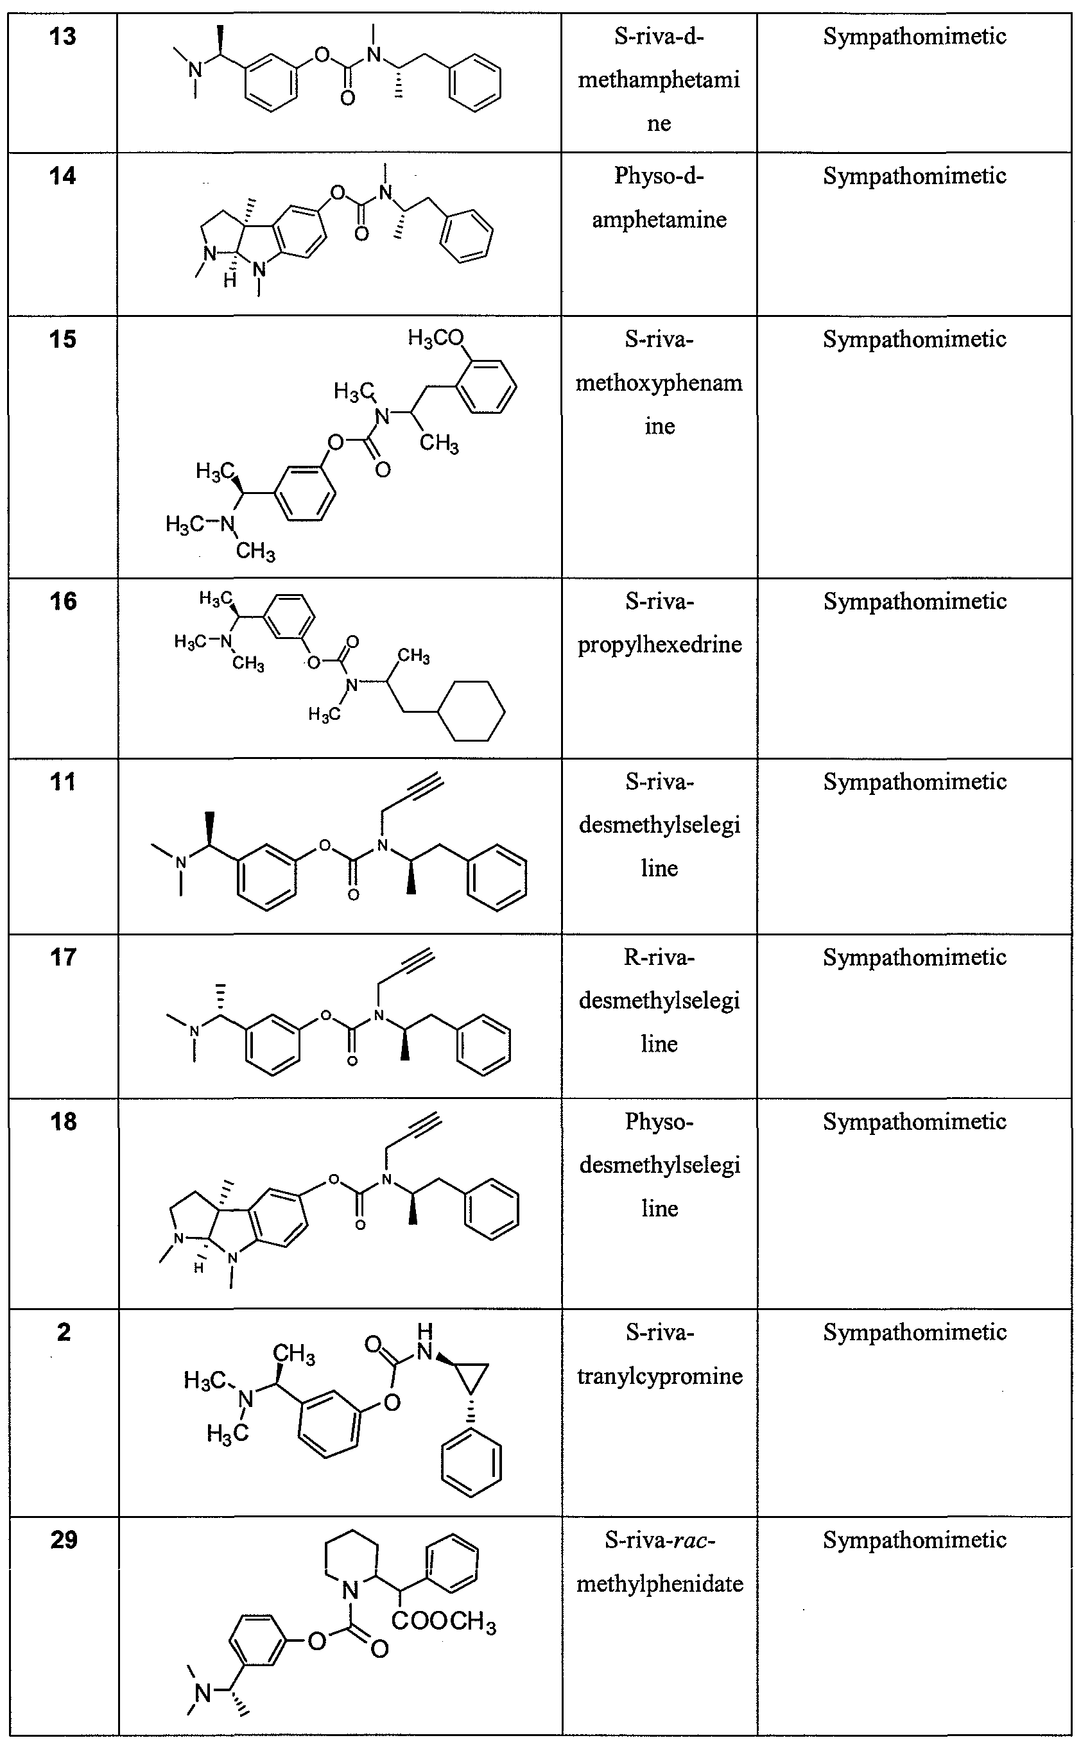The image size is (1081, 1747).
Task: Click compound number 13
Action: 63,37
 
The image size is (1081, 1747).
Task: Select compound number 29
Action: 64,1539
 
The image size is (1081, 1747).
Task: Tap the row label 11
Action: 63,781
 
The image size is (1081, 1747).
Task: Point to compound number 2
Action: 64,1333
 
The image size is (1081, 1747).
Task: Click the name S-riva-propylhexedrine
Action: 659,623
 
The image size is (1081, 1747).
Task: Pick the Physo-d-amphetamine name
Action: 659,198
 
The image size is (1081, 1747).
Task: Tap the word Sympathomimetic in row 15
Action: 914,339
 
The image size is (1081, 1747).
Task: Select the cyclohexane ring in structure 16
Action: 472,710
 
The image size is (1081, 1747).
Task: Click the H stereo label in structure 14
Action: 230,281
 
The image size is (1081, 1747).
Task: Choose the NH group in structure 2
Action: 426,1343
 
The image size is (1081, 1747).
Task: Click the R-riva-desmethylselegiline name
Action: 659,1000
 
